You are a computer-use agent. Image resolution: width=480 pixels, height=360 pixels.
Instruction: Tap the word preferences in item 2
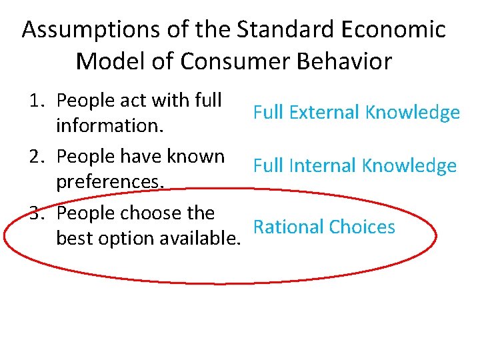click(110, 181)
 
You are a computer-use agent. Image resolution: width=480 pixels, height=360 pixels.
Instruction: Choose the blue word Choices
click(361, 227)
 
